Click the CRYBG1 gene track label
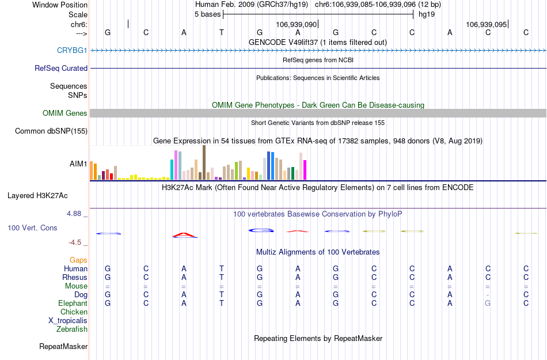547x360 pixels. (x=72, y=51)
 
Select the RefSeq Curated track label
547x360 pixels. (x=61, y=68)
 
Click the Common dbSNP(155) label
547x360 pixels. (x=51, y=131)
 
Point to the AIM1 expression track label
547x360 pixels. (x=78, y=164)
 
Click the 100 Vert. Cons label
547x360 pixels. (x=32, y=228)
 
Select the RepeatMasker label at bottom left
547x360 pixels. (x=63, y=347)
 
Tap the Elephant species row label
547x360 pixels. (x=73, y=304)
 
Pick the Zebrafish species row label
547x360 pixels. (x=72, y=329)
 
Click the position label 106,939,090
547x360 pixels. (x=296, y=25)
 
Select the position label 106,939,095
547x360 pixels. (x=486, y=25)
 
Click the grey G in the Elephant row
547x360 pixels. (x=488, y=304)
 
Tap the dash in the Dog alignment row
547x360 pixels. (x=488, y=295)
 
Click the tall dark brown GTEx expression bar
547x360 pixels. (x=204, y=162)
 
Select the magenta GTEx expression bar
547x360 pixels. (x=305, y=170)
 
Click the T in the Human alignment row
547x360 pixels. (x=222, y=269)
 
